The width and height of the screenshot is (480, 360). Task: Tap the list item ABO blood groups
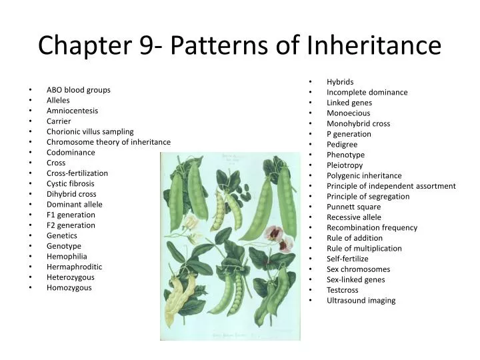[78, 89]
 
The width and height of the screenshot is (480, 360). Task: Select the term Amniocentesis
[72, 111]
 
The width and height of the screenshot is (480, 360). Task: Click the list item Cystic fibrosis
[70, 183]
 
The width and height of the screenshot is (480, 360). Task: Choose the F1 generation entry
[71, 215]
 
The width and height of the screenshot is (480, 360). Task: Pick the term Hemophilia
[67, 256]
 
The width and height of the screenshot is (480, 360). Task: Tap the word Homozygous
[69, 287]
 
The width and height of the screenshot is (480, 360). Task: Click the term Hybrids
[340, 82]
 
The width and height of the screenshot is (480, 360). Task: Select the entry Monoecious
[348, 113]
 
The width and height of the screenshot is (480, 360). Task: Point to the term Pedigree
[342, 144]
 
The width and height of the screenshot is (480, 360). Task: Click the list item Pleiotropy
[345, 165]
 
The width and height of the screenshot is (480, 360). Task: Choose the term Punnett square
[353, 207]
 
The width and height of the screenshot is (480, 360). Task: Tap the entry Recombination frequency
[371, 227]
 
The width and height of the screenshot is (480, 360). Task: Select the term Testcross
[342, 290]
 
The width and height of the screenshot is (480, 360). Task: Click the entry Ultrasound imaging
[361, 300]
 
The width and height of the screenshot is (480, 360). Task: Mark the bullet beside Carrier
[31, 121]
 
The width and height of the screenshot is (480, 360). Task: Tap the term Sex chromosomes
[358, 269]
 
